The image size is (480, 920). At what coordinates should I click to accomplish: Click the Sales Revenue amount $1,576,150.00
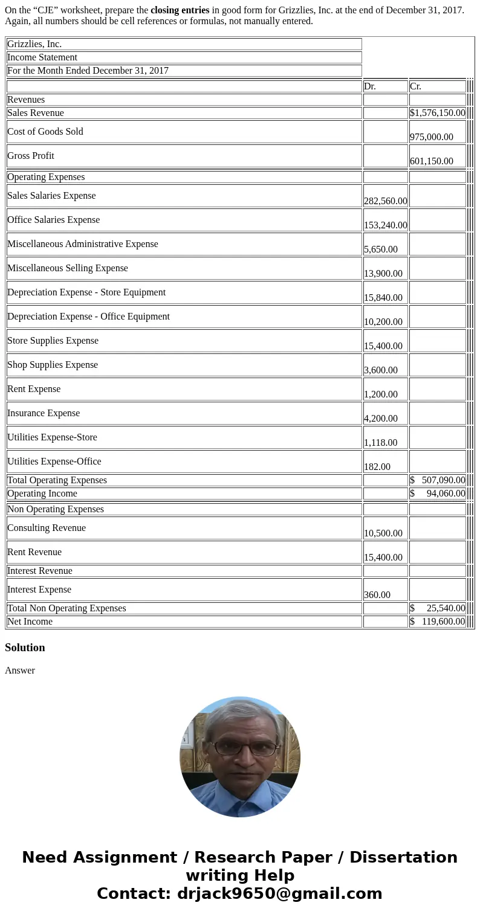(438, 113)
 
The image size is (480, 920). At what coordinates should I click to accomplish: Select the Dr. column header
(370, 86)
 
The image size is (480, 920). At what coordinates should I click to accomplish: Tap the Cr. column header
(415, 86)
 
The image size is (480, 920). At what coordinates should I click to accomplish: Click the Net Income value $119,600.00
(438, 622)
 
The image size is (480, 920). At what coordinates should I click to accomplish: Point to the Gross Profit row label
(31, 156)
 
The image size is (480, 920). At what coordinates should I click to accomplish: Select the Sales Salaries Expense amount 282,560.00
(385, 201)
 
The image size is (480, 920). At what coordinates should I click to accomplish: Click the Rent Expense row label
(34, 389)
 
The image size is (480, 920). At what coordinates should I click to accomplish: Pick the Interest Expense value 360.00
(377, 595)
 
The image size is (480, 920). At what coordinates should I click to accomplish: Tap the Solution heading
(25, 648)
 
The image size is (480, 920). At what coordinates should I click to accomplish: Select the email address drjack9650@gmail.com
(279, 894)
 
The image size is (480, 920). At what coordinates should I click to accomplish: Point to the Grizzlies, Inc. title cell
(34, 44)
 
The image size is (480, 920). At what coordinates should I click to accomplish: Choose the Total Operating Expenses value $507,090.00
(438, 480)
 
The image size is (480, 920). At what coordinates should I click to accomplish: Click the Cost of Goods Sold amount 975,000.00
(432, 137)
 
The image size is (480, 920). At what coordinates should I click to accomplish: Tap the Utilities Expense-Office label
(54, 462)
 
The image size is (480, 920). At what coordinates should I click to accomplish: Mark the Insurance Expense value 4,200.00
(381, 419)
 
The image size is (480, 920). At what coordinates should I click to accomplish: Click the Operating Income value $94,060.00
(438, 494)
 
